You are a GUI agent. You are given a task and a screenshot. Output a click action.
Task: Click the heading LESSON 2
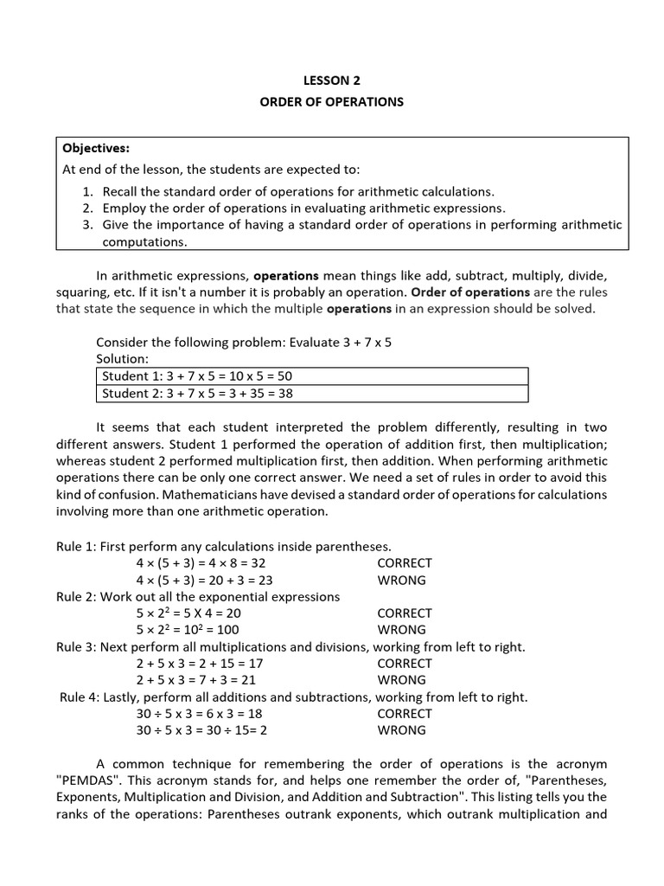coord(332,80)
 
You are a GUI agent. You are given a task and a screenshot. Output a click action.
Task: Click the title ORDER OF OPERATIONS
coord(332,102)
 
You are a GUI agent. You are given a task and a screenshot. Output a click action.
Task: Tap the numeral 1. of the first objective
coord(89,191)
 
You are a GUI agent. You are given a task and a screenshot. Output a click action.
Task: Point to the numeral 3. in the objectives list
coord(89,225)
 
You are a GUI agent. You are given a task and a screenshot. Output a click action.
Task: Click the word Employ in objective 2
coord(124,209)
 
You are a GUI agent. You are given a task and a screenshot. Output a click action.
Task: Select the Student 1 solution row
coord(311,376)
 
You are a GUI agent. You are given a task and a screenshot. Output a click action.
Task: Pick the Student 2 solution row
coord(311,394)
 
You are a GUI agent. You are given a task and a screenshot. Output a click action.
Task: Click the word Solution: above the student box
coord(123,358)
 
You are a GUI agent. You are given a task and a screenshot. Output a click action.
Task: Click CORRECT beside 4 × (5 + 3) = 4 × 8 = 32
coord(405,563)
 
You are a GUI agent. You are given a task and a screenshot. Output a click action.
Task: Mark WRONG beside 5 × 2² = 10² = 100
coord(401,630)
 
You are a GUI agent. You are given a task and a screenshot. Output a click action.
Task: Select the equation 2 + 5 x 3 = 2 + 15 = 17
coord(200,664)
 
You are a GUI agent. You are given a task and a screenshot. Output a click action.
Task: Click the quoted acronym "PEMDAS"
coord(92,780)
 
